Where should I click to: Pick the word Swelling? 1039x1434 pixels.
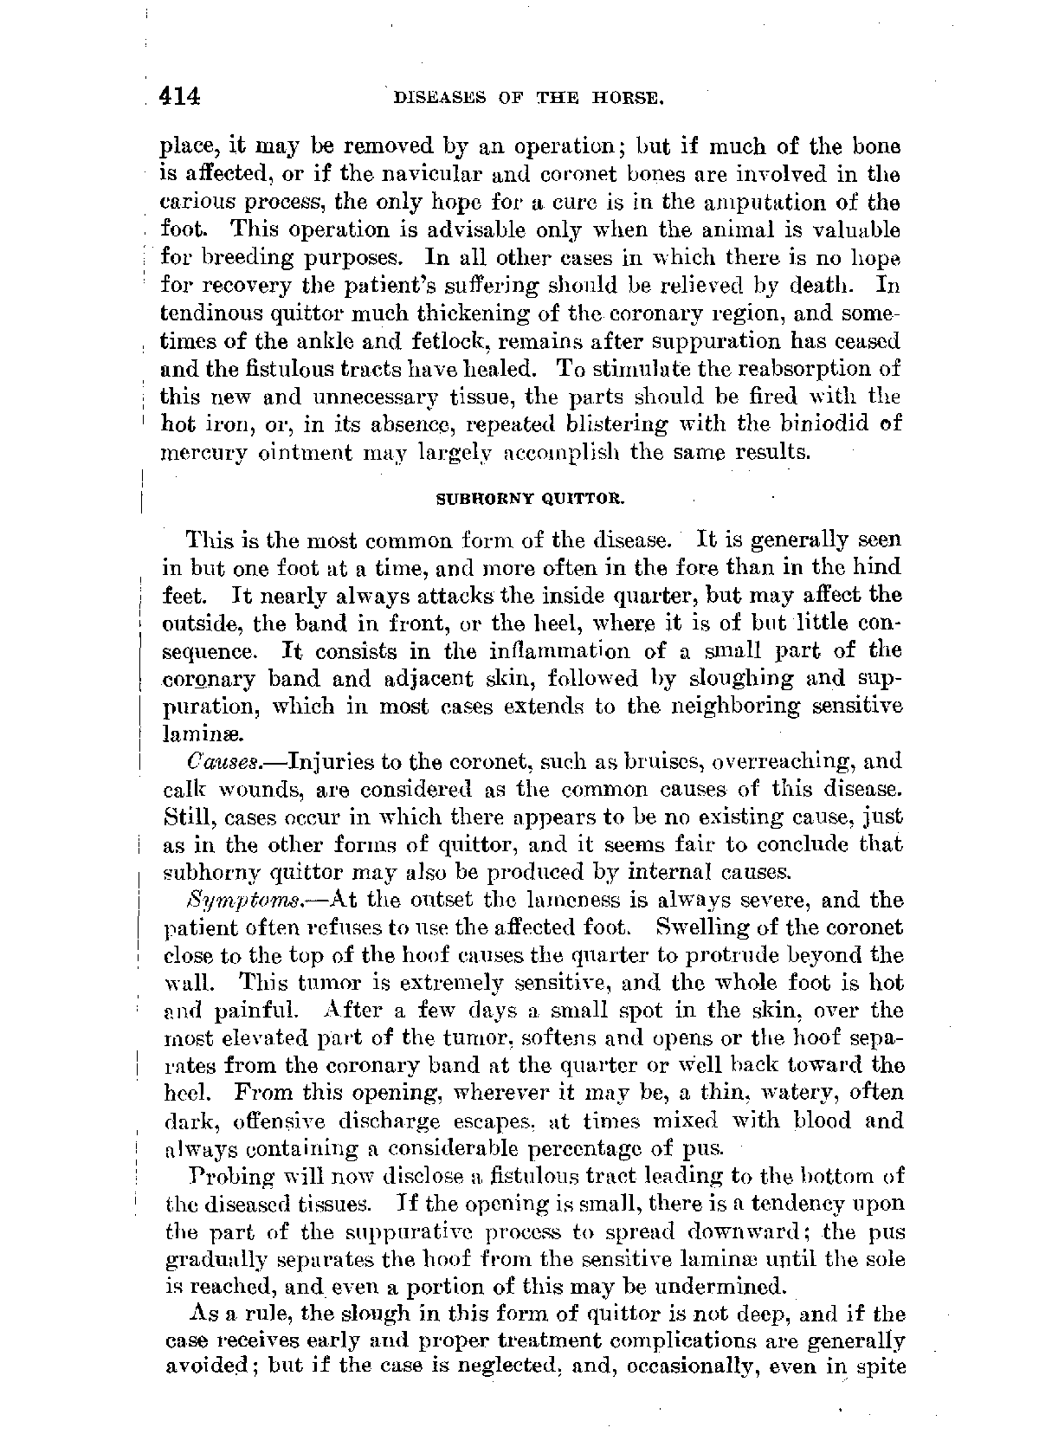pyautogui.click(x=700, y=927)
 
